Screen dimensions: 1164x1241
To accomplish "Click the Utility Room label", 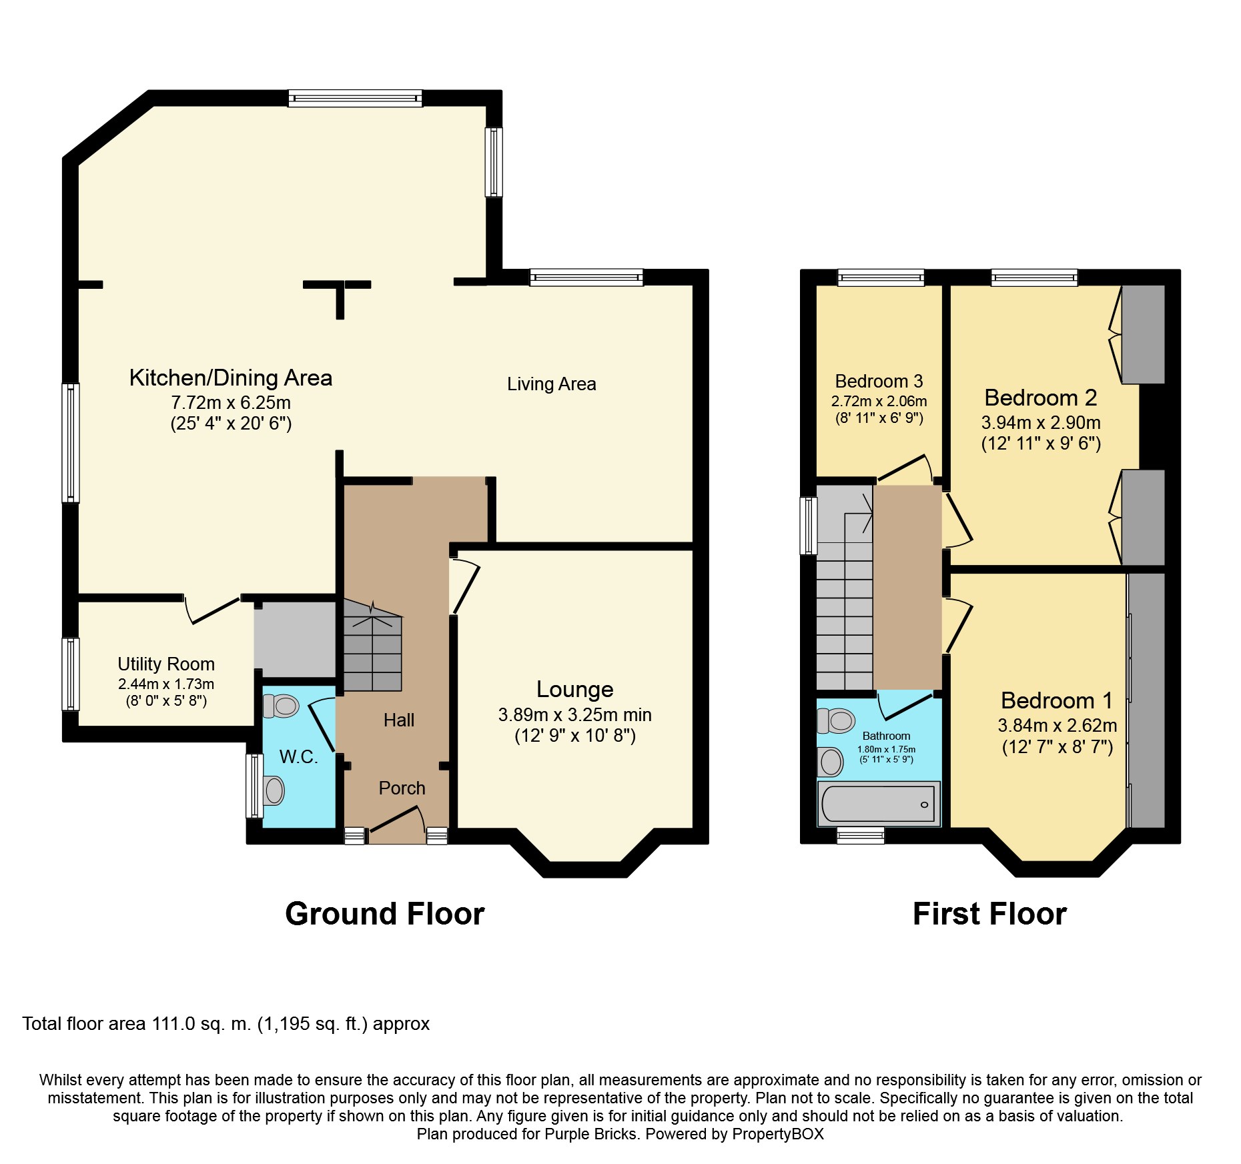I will pos(166,664).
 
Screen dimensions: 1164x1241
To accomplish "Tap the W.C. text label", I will pos(298,756).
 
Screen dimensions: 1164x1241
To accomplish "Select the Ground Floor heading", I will pos(384,913).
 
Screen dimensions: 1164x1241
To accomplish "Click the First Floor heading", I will pos(989,913).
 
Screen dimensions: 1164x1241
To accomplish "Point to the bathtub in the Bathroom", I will pos(878,804).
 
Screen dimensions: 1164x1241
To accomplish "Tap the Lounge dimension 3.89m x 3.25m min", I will pos(574,714).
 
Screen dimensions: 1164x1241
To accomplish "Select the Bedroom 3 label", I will pos(879,381).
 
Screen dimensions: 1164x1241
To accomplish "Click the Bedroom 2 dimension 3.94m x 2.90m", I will pos(1040,422).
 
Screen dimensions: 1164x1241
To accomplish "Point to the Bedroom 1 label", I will pos(1057,700).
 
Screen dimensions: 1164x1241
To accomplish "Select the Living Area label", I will pos(551,384).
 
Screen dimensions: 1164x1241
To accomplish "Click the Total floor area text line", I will pos(226,1024).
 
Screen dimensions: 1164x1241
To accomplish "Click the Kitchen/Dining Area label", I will pos(230,378).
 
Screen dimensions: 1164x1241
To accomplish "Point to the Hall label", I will pos(398,720).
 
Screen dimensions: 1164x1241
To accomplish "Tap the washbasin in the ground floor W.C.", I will pos(274,791).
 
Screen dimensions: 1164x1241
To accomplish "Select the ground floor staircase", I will pos(372,647).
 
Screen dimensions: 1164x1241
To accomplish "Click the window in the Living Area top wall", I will pos(586,277).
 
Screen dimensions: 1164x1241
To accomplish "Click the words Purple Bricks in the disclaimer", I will pos(590,1134).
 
